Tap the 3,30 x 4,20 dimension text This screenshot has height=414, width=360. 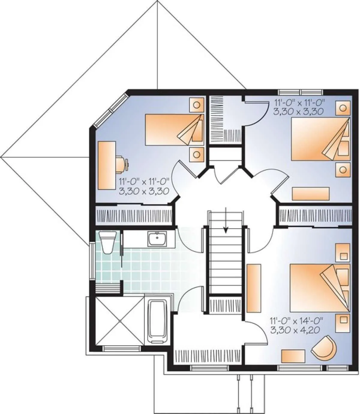coord(295,331)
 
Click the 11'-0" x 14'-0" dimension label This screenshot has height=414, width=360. coord(296,321)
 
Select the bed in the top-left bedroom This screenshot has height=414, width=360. coord(174,130)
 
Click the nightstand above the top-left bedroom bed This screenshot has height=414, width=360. coord(196,105)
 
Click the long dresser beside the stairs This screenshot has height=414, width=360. coord(253,288)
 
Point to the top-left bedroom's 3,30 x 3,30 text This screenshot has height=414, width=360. coord(144,191)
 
